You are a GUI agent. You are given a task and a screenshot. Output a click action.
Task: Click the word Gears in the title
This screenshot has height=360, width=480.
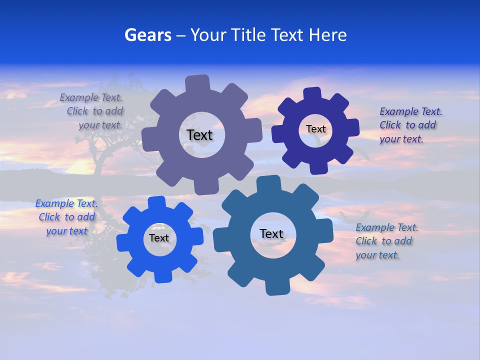pyautogui.click(x=148, y=35)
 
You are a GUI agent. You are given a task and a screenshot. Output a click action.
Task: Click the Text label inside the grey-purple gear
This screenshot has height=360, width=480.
pyautogui.click(x=199, y=135)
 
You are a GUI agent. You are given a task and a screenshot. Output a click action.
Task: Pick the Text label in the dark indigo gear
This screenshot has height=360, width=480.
pyautogui.click(x=315, y=129)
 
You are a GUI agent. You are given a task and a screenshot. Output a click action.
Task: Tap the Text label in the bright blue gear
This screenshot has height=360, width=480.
pyautogui.click(x=158, y=238)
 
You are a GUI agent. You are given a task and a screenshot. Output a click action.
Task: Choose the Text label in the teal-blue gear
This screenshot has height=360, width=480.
pyautogui.click(x=271, y=233)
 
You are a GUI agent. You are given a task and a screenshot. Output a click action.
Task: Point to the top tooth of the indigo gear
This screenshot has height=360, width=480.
pyautogui.click(x=312, y=94)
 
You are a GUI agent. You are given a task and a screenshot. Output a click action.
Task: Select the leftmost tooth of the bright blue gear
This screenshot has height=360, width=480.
pyautogui.click(x=123, y=243)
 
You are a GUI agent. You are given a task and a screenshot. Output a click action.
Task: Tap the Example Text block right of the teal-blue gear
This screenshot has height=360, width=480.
pyautogui.click(x=386, y=241)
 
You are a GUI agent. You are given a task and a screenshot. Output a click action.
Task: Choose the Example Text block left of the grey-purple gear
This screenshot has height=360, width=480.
pyautogui.click(x=92, y=111)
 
